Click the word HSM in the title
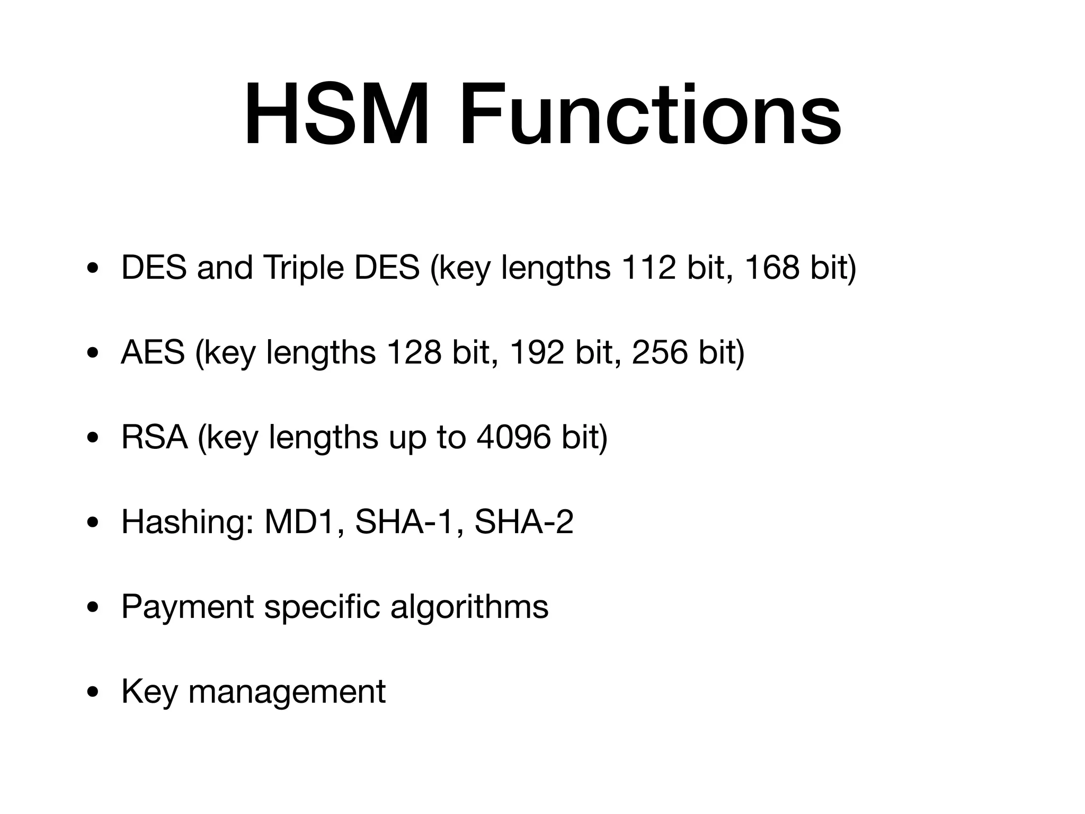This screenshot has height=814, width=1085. [336, 116]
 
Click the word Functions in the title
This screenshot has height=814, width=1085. [650, 116]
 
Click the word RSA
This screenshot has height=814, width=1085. [155, 437]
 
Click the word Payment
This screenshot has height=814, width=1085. [188, 607]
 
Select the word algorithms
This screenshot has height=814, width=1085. [469, 607]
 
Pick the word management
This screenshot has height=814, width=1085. [287, 692]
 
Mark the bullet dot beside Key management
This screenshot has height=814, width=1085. [94, 692]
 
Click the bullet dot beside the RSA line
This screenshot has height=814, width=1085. [94, 438]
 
